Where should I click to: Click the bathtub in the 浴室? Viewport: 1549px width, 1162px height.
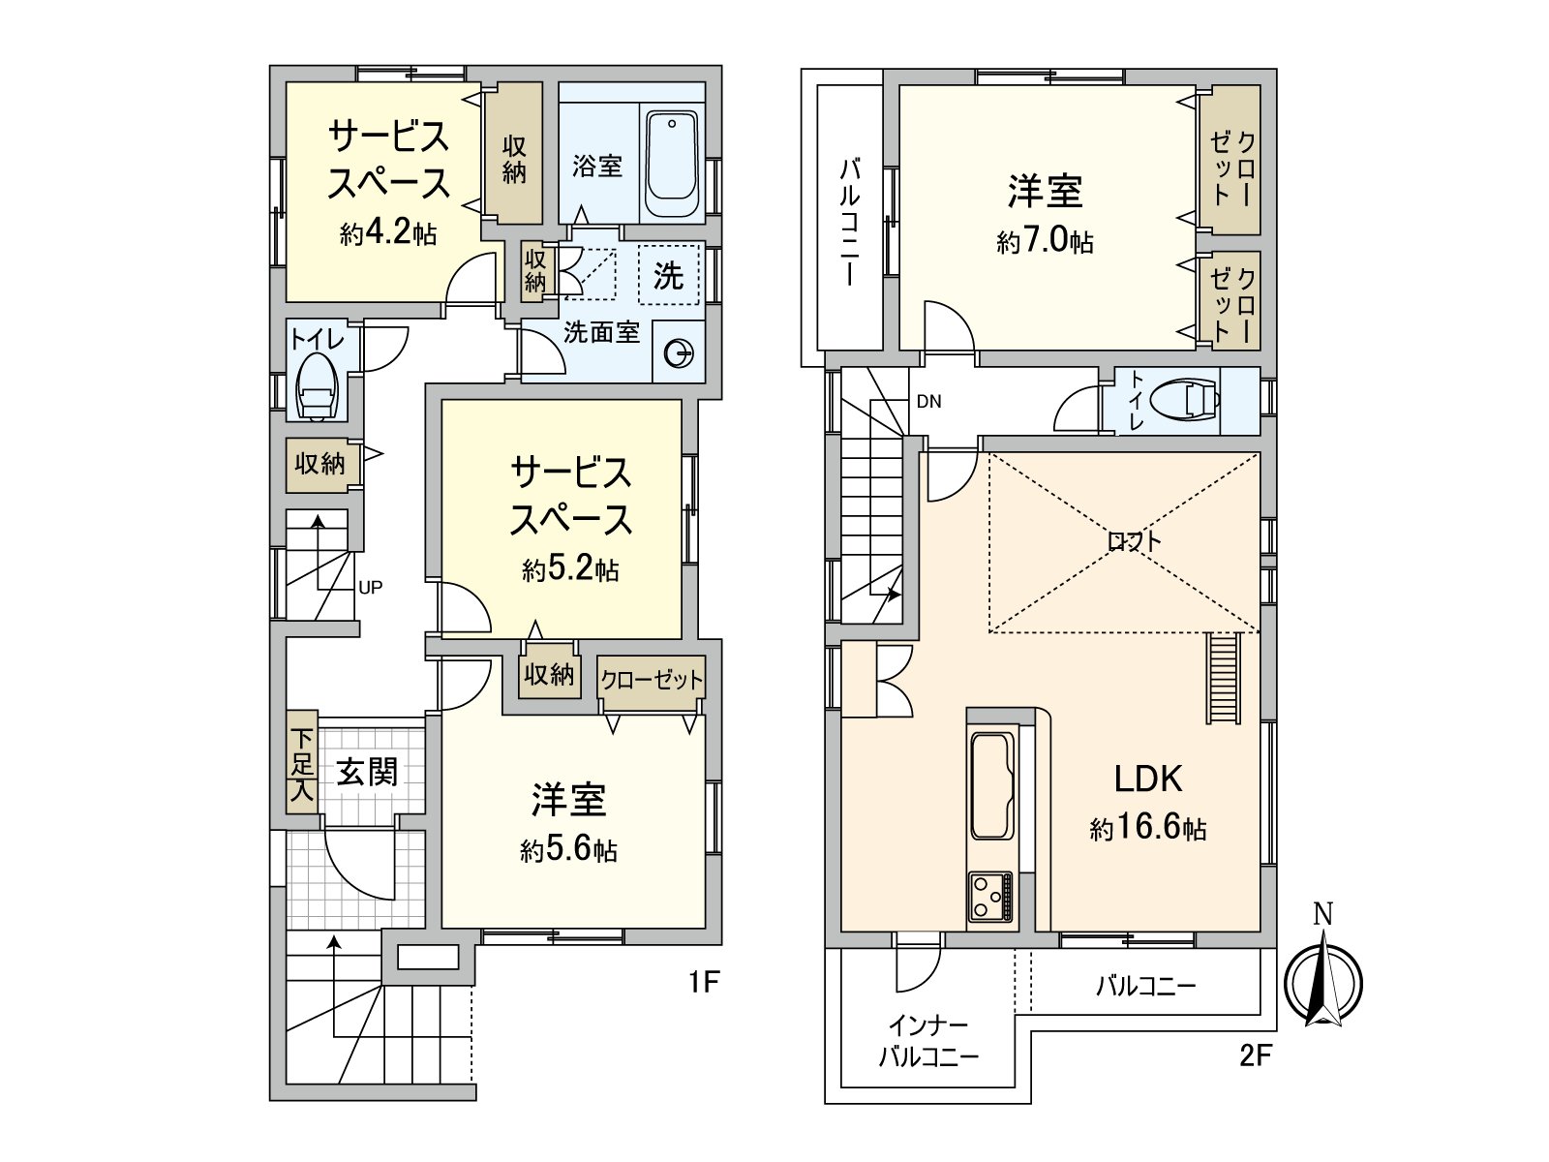click(x=671, y=166)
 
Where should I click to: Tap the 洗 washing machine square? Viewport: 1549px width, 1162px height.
click(x=668, y=276)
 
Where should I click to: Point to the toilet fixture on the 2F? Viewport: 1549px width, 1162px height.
click(x=1190, y=400)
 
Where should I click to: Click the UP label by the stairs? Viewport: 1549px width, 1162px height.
click(x=371, y=587)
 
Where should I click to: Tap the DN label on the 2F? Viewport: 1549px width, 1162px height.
click(x=928, y=402)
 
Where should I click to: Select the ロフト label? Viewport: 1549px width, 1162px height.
click(x=1134, y=541)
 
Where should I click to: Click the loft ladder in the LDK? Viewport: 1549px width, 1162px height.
click(x=1224, y=678)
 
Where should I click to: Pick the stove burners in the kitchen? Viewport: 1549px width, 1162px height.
click(x=990, y=897)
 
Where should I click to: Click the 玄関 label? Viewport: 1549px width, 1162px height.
click(x=367, y=772)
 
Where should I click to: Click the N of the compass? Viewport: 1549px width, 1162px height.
click(x=1322, y=913)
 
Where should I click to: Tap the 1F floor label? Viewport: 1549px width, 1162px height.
click(x=704, y=983)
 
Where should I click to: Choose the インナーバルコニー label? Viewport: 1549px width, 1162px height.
click(x=928, y=1040)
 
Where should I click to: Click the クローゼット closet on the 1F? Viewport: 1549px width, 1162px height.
click(x=651, y=680)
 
